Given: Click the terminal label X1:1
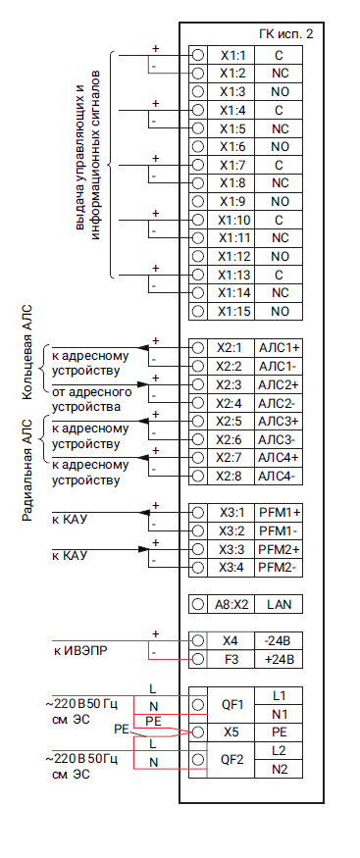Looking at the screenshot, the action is [x=233, y=55].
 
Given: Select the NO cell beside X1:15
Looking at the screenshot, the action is [x=279, y=312].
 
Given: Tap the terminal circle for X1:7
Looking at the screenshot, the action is [x=198, y=165].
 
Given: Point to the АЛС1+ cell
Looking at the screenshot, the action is [x=279, y=348].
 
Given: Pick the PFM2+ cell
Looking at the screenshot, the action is [x=279, y=549].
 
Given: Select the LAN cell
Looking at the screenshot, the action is [x=279, y=605].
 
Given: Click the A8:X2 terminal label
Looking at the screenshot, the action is [x=231, y=605].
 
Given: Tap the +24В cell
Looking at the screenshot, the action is [x=279, y=660].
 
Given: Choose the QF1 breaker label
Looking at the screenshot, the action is [x=232, y=705].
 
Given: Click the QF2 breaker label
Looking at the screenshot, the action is [x=232, y=760].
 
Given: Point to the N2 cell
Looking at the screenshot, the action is [x=279, y=769].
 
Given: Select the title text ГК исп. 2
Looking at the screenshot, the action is [x=286, y=34].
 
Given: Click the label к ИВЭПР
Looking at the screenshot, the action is [x=79, y=652].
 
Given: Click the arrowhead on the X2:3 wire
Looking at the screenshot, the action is [x=142, y=384].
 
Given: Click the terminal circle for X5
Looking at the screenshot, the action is [x=198, y=732].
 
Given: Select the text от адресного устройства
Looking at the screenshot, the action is [x=92, y=399].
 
